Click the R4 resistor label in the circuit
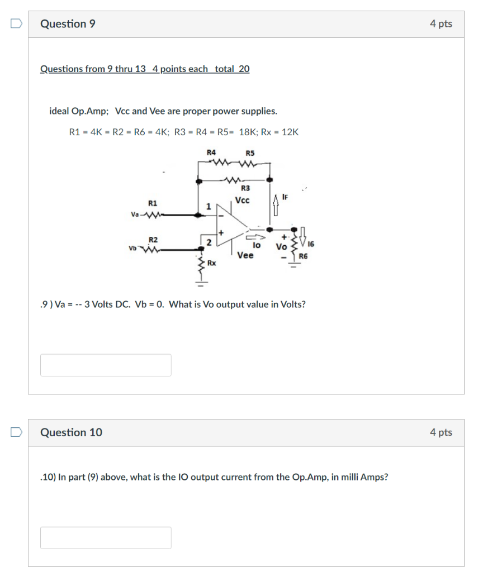tap(211, 152)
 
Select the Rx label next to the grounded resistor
tap(211, 262)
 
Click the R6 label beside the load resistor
tap(303, 256)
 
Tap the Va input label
tap(135, 214)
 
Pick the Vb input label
tap(132, 247)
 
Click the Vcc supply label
tap(243, 201)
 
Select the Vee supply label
tap(245, 255)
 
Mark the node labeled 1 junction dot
tap(200, 214)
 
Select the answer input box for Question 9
tap(106, 365)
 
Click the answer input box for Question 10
tap(106, 537)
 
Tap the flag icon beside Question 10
tap(17, 432)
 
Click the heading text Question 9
tap(68, 24)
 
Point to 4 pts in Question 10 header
tap(441, 432)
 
